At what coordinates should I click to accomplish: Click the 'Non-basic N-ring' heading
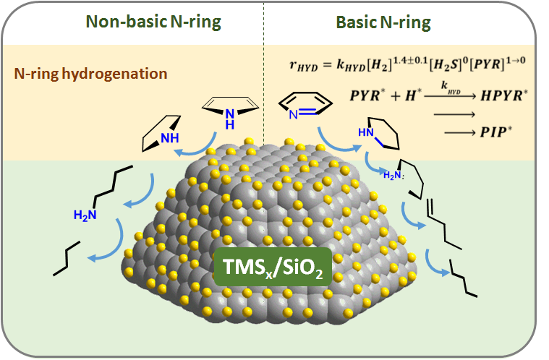point(153,22)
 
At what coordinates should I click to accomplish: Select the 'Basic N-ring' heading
point(383,22)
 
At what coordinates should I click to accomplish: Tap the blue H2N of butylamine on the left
point(85,214)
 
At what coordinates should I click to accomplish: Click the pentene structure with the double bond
point(441,217)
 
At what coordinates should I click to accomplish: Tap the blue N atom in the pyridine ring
point(291,113)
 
